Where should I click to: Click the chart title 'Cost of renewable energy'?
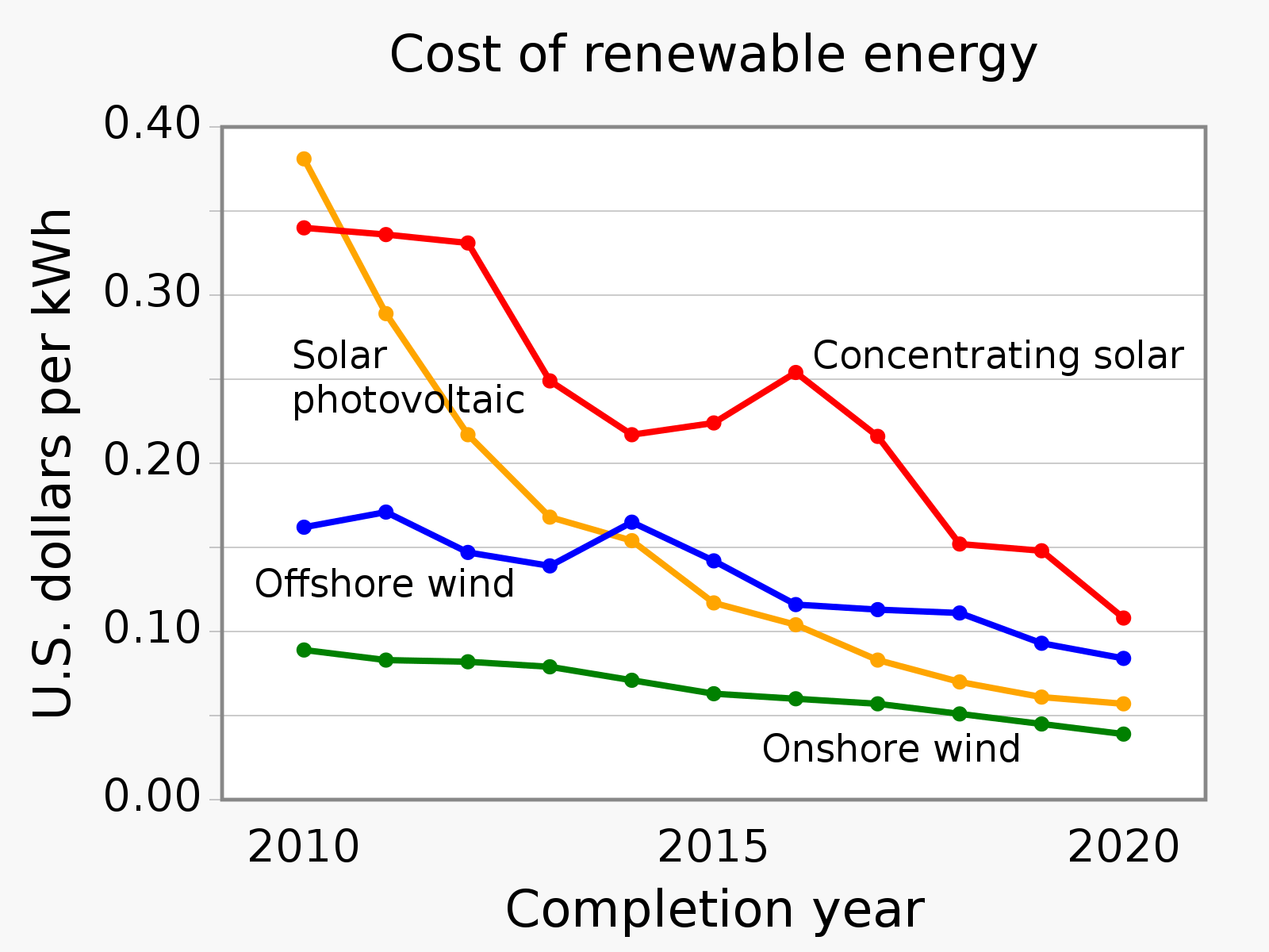(x=713, y=56)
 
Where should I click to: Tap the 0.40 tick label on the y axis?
(x=152, y=125)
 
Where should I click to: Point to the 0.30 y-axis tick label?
(x=152, y=294)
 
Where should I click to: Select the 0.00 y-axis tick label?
(x=152, y=797)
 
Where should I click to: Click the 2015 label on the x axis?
(x=713, y=848)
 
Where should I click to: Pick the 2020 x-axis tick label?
(x=1123, y=848)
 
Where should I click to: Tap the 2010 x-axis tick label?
(x=304, y=848)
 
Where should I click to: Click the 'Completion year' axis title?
(x=714, y=910)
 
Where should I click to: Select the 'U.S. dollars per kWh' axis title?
(x=53, y=464)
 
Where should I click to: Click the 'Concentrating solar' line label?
(x=998, y=356)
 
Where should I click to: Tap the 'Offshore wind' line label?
(x=385, y=585)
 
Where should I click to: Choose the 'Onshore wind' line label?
(x=891, y=750)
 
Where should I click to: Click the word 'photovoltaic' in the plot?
(x=408, y=400)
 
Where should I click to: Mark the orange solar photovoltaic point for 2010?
(x=304, y=159)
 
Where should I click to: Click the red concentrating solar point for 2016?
(x=796, y=373)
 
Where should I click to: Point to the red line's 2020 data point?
(x=1123, y=618)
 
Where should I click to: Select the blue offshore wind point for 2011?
(x=386, y=512)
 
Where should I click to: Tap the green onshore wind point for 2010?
(x=304, y=651)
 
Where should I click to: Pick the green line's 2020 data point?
(x=1123, y=735)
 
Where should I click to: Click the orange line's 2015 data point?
(x=714, y=603)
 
